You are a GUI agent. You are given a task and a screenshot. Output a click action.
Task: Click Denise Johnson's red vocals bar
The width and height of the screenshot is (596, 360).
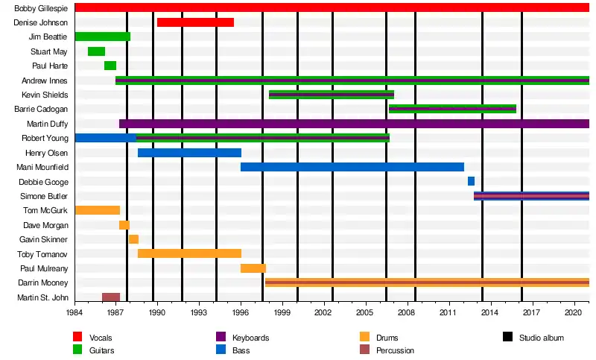[x=195, y=22]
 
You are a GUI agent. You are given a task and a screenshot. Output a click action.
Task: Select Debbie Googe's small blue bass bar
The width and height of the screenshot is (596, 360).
[x=471, y=181]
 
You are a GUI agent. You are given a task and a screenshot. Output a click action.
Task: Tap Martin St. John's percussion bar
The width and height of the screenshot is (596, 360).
[x=111, y=297]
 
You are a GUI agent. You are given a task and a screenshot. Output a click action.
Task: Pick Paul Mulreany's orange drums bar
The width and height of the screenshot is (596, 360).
[x=253, y=268]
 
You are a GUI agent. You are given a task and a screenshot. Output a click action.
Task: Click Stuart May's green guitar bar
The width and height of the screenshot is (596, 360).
[x=96, y=51]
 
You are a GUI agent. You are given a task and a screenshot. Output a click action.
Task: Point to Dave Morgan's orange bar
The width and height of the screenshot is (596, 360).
[x=124, y=225]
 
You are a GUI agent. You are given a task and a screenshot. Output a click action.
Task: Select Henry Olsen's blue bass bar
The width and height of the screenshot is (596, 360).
[x=189, y=153]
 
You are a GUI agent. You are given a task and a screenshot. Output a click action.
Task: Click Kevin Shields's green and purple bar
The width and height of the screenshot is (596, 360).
[x=332, y=95]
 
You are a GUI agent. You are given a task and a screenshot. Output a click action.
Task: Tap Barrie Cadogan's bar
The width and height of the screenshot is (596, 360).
[x=452, y=109]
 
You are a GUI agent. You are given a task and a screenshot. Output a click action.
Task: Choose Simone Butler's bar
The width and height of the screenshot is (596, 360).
[x=531, y=196]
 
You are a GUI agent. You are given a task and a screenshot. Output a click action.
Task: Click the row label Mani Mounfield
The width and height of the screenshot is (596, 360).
[x=47, y=168]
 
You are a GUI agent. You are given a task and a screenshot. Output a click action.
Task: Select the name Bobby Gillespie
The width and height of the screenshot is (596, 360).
[x=42, y=8]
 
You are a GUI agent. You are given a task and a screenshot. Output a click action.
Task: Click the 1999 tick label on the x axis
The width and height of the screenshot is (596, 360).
[x=282, y=313]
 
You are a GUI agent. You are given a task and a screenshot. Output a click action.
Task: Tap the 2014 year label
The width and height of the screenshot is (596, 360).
[x=490, y=313]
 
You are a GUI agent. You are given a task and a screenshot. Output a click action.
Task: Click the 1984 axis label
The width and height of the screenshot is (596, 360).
[x=74, y=313]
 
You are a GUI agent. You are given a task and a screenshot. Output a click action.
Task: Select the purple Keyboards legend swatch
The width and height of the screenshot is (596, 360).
[x=221, y=338]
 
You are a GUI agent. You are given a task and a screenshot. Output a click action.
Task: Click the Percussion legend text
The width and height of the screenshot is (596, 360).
[x=396, y=350]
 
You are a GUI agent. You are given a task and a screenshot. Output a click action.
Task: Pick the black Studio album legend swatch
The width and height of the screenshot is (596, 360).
[x=507, y=338]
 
